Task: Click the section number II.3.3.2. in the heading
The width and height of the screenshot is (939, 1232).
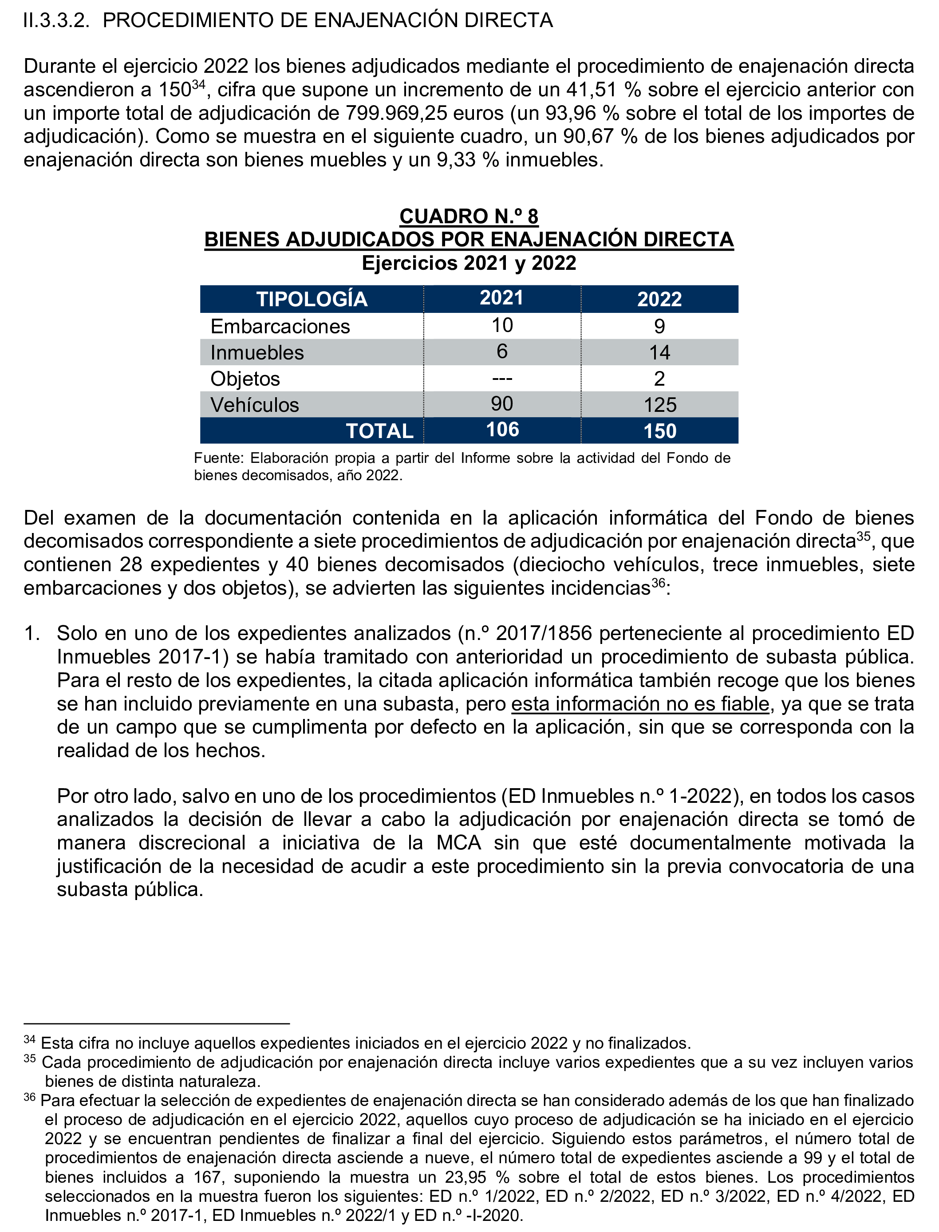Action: click(x=56, y=21)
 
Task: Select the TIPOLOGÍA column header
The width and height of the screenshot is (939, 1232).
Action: click(x=312, y=299)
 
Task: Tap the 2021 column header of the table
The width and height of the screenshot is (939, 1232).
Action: click(x=501, y=298)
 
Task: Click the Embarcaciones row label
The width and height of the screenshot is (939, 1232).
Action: click(x=280, y=327)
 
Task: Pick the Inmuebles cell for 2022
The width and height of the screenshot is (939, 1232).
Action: click(x=659, y=353)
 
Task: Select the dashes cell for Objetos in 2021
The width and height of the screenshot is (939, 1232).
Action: click(x=501, y=379)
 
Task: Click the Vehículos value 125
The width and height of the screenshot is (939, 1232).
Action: click(x=659, y=405)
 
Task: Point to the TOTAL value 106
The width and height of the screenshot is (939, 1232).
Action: click(x=502, y=430)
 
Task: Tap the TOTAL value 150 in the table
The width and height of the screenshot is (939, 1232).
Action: click(x=659, y=431)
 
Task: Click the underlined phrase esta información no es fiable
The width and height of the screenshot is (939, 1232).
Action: click(x=640, y=704)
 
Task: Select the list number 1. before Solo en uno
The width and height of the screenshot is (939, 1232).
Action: click(x=32, y=633)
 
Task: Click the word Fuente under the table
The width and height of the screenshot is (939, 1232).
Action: click(x=218, y=458)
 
